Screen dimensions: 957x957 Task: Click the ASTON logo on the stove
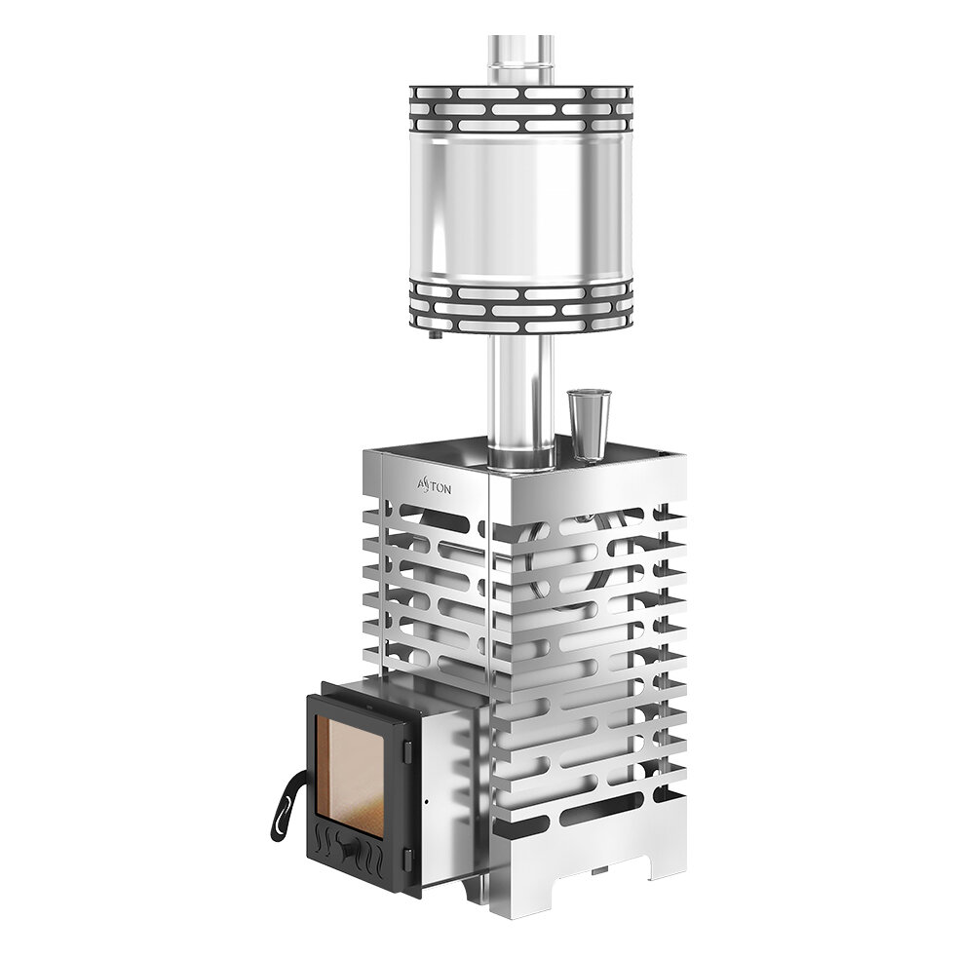click(435, 486)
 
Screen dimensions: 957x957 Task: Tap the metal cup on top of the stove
click(589, 424)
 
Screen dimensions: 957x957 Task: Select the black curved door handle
click(286, 805)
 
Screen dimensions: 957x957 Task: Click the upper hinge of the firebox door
click(407, 751)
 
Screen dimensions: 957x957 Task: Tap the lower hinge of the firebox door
click(407, 860)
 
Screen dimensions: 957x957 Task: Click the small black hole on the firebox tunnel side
click(426, 801)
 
